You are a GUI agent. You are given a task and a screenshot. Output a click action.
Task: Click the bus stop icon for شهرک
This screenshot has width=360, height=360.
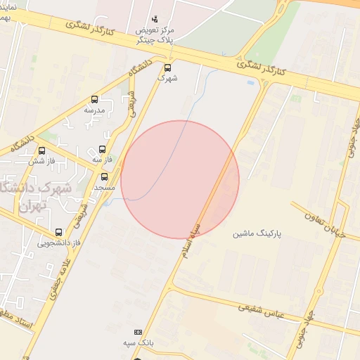tap(167, 67)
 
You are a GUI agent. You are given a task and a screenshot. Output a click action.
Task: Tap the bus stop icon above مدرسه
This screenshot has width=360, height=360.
tap(95, 100)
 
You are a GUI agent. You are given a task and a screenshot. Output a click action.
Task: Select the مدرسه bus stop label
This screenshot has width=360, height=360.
tap(94, 110)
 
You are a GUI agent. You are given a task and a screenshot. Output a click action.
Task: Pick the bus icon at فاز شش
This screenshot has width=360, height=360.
tap(41, 150)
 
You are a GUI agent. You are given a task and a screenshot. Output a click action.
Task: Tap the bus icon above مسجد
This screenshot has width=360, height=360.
tap(105, 176)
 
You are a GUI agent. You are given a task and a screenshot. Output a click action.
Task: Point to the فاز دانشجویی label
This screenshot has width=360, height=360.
tap(58, 243)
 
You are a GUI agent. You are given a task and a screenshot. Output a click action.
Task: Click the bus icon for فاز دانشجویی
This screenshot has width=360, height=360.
tap(58, 232)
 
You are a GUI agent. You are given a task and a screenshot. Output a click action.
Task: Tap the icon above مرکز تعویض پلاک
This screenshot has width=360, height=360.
tap(155, 18)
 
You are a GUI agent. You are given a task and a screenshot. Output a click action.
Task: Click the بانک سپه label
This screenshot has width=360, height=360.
tap(138, 342)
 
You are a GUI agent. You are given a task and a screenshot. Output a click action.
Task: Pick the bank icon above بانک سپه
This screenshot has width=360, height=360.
tap(138, 332)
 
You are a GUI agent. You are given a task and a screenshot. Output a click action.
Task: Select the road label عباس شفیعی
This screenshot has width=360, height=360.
tap(260, 309)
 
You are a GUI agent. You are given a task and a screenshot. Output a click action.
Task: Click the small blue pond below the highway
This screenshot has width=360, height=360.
tap(251, 83)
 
